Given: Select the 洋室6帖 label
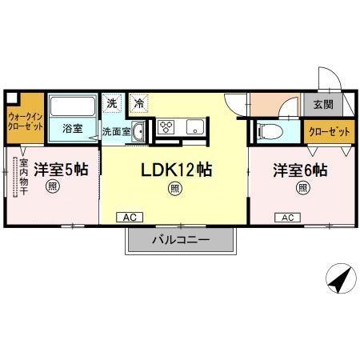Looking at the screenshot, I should (301, 170).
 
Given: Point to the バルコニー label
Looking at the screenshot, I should (180, 240).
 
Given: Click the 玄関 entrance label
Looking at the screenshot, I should (323, 104).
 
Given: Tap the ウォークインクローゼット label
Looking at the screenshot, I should (25, 121).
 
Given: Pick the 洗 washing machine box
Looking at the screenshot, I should (113, 102).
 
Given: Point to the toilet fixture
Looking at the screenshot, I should (270, 131).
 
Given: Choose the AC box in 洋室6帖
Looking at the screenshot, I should (286, 217).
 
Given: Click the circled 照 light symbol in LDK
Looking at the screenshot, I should (174, 189).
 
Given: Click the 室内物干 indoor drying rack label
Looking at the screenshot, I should (23, 178).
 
